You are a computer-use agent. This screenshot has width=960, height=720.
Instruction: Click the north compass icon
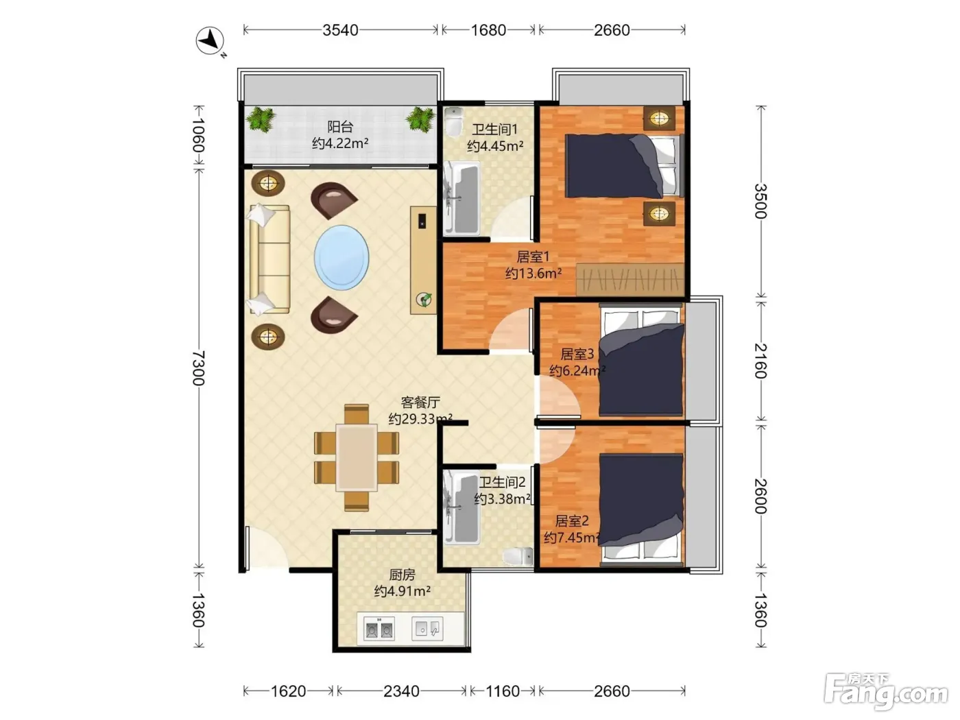coord(211,42)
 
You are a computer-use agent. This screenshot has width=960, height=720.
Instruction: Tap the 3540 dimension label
coord(340,30)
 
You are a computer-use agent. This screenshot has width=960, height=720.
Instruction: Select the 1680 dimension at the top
coord(488,30)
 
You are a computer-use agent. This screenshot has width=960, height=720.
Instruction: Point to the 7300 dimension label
coord(199,368)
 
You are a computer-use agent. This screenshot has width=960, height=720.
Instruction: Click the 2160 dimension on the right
coord(760,361)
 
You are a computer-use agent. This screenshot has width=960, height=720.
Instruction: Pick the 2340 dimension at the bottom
coord(401,691)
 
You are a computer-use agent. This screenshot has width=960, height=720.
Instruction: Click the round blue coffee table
coord(341,258)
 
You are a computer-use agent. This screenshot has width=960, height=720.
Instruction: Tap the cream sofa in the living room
coord(269,259)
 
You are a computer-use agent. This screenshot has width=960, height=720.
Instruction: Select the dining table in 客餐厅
coord(357,457)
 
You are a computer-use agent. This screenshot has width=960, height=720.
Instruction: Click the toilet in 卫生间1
coord(453,121)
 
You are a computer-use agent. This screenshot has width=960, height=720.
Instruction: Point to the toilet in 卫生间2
coord(518,557)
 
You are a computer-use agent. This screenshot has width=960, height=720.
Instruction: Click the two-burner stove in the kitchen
coord(379,629)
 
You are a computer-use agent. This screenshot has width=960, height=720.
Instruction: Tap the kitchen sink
coord(427,629)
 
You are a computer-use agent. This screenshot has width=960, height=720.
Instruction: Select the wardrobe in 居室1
coord(629,279)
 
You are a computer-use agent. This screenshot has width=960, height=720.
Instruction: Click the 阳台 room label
coord(340,127)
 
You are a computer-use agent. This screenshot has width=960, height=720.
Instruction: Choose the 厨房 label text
coord(402,575)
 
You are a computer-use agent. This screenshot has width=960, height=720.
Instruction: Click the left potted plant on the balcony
coord(261,119)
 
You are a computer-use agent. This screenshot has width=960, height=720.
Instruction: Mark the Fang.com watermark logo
coord(886,692)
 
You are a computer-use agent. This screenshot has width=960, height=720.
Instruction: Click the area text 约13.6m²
coord(533,274)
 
